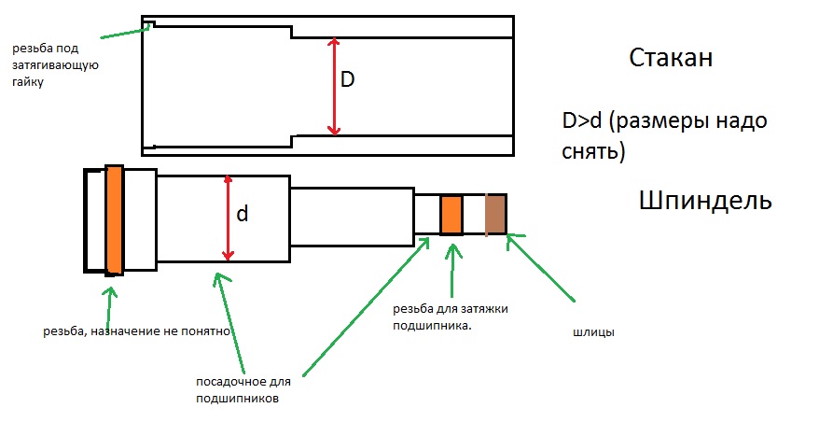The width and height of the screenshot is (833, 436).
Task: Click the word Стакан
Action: point(671,59)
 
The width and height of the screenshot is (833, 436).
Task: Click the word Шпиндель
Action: point(705,201)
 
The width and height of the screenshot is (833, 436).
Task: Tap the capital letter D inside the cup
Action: point(347,81)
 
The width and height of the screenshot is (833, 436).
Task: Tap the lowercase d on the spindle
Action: point(242,214)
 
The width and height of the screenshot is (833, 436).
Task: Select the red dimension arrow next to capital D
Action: point(332,86)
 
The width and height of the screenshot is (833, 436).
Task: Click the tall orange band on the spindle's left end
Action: point(115,219)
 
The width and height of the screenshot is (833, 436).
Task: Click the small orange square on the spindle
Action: point(451,215)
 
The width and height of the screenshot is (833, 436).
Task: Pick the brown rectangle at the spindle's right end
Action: point(494,215)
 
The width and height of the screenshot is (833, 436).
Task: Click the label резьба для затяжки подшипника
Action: point(450,316)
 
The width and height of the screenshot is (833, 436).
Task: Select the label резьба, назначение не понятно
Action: point(137,331)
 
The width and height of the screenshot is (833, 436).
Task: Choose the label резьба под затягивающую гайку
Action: point(55,64)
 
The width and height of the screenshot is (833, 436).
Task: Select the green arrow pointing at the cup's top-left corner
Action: point(123,32)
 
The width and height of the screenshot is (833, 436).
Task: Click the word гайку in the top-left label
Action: point(28,82)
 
